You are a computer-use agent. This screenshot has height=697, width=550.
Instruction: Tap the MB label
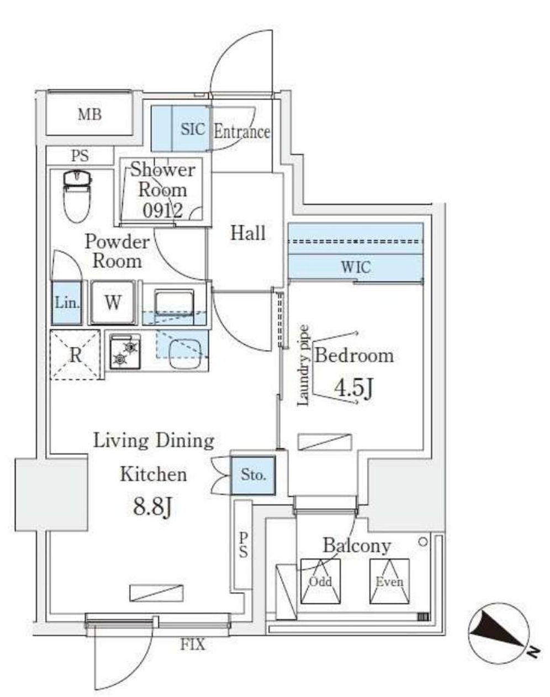(x=89, y=115)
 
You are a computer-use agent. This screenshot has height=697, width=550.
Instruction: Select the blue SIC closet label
(x=193, y=129)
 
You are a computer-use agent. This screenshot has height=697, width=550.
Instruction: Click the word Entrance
(x=241, y=132)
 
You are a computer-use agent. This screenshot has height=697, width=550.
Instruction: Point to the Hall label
(x=247, y=233)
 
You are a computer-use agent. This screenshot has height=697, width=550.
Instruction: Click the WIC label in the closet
(x=356, y=267)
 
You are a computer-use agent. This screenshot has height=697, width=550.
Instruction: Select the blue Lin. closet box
(x=67, y=303)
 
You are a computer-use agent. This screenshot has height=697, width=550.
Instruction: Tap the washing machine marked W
(x=113, y=302)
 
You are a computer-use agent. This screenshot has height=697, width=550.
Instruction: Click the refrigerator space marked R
(x=75, y=355)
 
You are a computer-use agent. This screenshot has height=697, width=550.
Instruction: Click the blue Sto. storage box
(x=253, y=475)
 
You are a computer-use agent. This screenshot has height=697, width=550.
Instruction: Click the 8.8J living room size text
(x=153, y=506)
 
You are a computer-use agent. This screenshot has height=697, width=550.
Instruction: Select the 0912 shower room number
(x=163, y=210)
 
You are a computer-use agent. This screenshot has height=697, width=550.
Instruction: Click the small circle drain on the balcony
(x=424, y=542)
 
